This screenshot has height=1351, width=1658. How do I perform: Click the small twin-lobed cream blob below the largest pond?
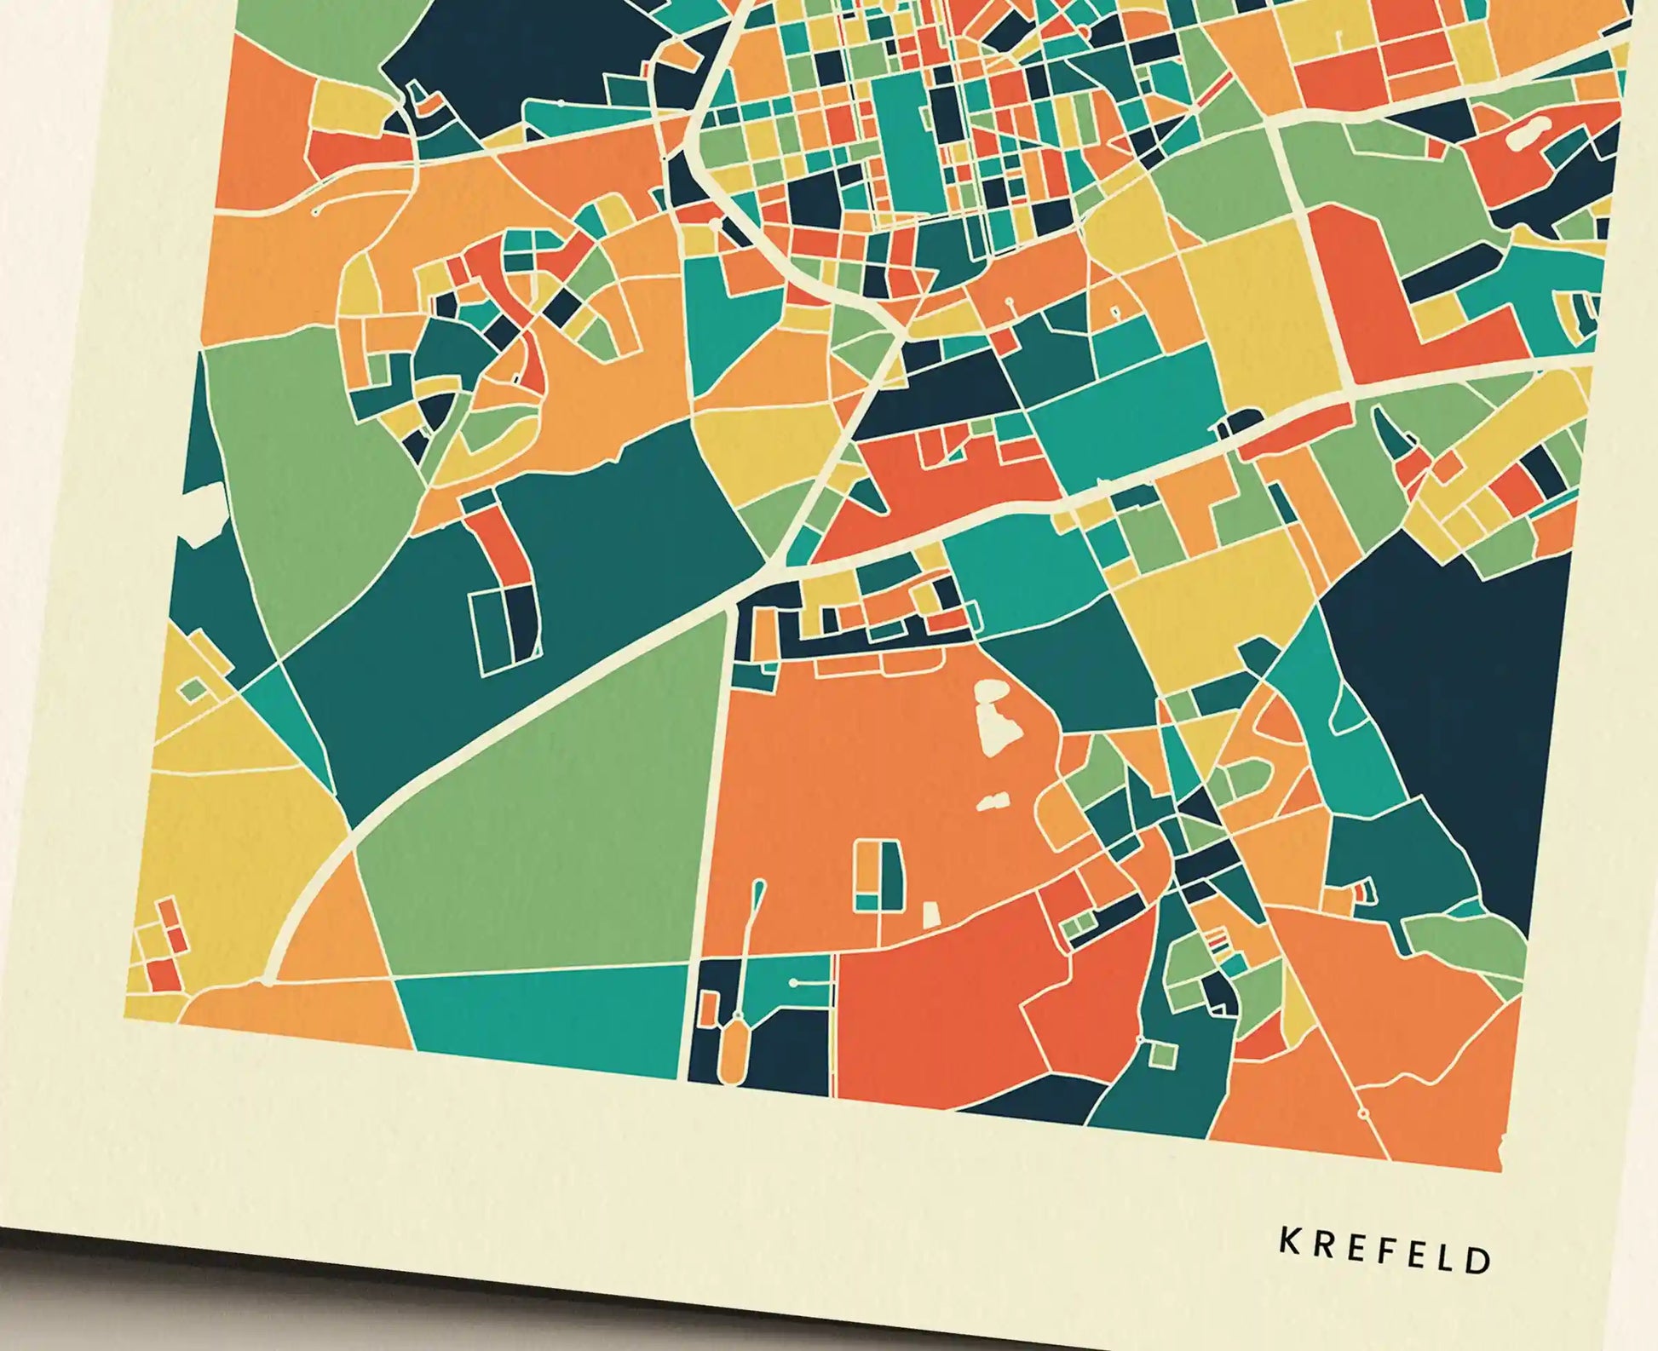[993, 802]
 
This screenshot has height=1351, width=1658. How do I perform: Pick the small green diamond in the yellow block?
[193, 689]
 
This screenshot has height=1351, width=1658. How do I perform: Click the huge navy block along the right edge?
[1448, 681]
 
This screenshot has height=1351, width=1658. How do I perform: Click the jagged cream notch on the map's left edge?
[200, 511]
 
